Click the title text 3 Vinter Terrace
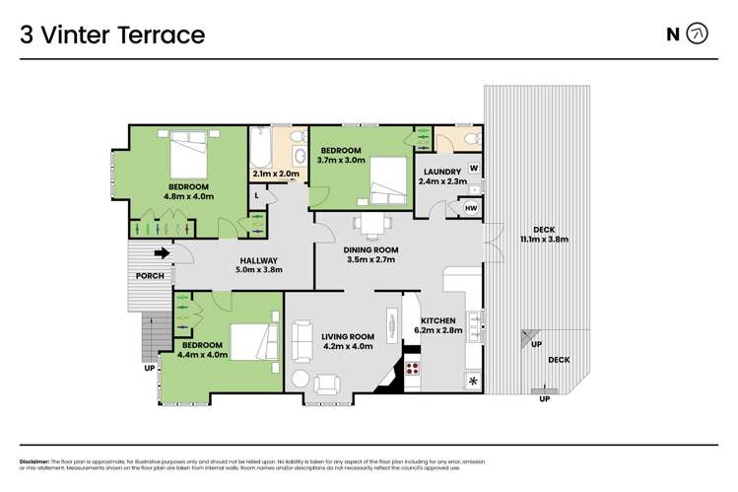112,35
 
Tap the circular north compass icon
696,35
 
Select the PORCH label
150,275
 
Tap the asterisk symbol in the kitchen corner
473,380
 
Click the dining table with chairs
370,226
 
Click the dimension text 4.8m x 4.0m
189,197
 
